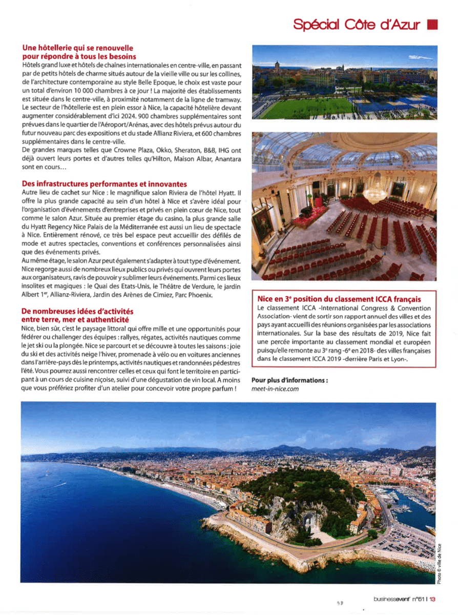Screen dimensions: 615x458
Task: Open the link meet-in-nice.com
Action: point(275,389)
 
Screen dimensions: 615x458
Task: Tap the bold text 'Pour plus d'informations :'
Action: point(289,380)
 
